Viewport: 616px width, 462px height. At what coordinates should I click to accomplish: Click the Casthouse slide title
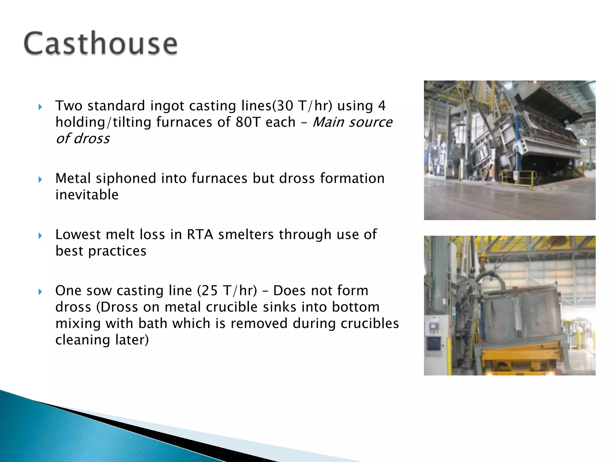tap(100, 43)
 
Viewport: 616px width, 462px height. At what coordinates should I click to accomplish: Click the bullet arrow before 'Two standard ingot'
tap(40, 107)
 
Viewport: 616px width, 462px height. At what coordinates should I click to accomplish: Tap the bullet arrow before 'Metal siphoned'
tap(40, 180)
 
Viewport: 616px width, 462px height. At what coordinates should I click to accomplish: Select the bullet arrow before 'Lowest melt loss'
tap(40, 236)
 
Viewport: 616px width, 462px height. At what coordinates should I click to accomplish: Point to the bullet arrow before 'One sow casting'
tap(40, 291)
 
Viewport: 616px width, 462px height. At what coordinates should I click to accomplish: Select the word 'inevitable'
tap(87, 195)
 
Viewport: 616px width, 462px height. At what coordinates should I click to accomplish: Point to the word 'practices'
tap(117, 251)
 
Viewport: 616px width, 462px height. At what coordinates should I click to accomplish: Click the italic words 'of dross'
tap(83, 139)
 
